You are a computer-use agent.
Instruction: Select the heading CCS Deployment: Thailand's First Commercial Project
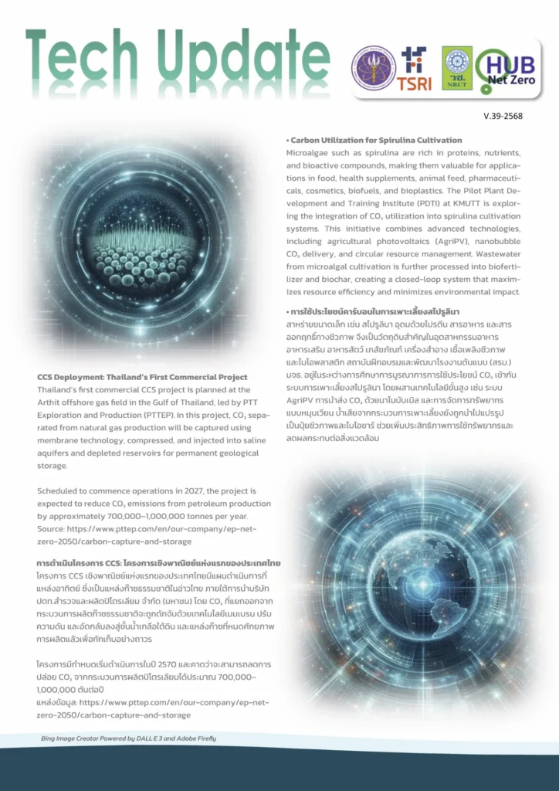(x=142, y=377)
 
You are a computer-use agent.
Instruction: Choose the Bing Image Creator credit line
(x=129, y=738)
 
